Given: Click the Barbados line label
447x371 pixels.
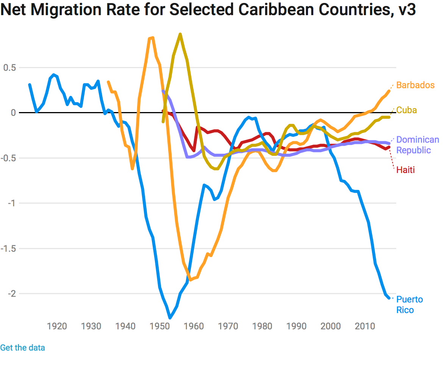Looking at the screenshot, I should point(415,85).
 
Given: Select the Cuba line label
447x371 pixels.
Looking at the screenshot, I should point(406,110).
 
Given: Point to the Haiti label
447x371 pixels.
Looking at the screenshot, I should point(405,170).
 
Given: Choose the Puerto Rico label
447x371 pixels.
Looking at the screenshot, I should point(409,305).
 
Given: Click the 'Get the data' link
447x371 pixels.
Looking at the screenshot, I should point(22,348).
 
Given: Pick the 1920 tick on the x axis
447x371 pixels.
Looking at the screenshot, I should point(57,326).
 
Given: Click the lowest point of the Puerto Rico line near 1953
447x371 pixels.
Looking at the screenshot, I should point(170,318).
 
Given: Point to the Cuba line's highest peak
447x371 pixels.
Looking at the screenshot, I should point(180,34).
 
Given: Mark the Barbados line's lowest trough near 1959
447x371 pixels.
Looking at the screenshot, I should point(190,280).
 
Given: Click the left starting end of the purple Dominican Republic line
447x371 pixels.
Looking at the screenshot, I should point(163,90).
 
